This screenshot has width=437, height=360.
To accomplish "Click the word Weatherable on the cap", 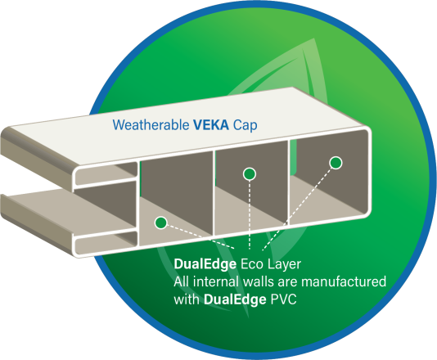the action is tap(151, 125).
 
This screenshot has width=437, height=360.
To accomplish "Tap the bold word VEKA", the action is tap(211, 125).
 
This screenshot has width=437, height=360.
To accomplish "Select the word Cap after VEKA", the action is tap(246, 126).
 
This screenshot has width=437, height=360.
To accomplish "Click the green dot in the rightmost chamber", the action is tap(336, 163).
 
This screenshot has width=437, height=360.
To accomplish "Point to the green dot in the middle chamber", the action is tap(250, 174).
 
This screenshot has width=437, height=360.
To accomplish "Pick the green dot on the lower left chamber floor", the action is tap(161, 223).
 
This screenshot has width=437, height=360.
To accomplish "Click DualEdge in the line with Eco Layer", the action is tap(205, 264).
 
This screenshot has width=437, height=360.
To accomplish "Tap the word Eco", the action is tap(252, 264).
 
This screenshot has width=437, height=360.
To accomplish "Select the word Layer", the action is tap(284, 265).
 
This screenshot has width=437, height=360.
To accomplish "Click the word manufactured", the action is tap(344, 281).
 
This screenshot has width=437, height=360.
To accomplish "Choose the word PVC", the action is tap(284, 299).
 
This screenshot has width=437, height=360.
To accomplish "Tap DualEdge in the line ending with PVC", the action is tap(235, 299).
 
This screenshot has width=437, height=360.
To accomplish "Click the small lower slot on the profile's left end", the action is tap(106, 242).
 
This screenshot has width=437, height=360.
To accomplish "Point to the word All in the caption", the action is tap(182, 281).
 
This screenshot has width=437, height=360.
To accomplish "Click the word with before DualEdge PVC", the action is tap(187, 299).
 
